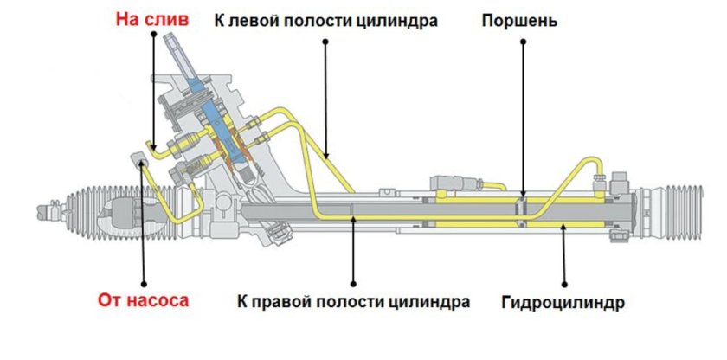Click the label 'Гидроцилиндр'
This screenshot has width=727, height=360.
tap(563, 303)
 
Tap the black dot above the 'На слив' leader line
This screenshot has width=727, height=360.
tap(152, 35)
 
